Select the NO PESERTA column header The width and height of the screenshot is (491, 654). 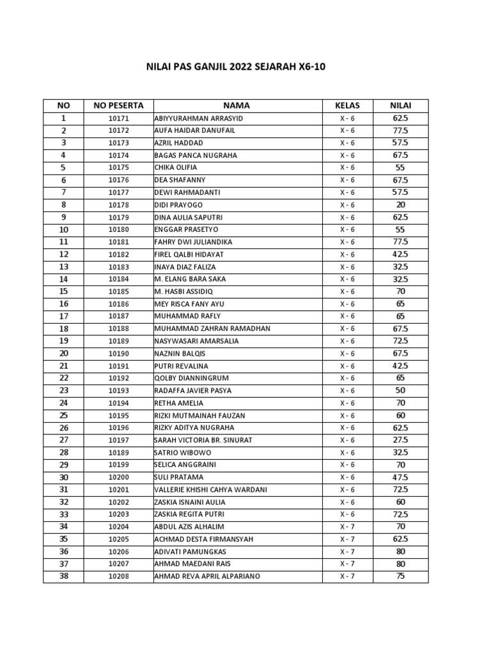click(118, 105)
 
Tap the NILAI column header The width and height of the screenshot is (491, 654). click(401, 105)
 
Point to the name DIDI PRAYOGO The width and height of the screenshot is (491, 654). click(178, 205)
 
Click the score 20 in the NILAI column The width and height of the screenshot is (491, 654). click(401, 205)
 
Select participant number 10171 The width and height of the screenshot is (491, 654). click(118, 119)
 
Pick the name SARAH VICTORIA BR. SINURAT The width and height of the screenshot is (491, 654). click(204, 440)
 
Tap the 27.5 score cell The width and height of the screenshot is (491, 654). click(401, 440)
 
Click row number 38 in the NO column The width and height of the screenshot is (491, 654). click(63, 576)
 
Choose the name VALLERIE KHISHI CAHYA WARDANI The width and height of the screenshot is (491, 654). click(210, 490)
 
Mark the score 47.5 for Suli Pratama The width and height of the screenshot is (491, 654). click(401, 477)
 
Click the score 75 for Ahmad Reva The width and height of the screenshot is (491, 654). click(401, 576)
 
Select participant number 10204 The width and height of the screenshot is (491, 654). click(118, 527)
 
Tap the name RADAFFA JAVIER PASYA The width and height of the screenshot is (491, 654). click(193, 390)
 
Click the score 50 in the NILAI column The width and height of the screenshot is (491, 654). click(401, 390)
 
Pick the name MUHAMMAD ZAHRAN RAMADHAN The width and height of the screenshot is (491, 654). click(212, 328)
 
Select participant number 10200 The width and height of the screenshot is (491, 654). click(118, 477)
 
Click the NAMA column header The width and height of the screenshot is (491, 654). click(237, 105)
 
